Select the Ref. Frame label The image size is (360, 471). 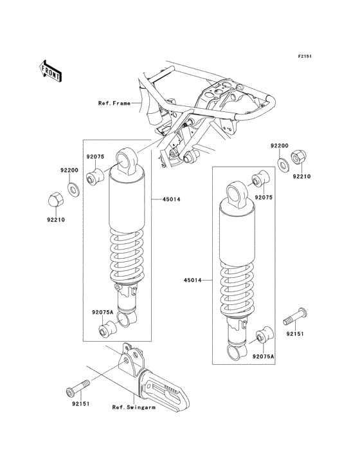[x=114, y=102]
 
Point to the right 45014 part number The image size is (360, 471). [x=194, y=280]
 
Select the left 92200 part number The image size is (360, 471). [x=69, y=170]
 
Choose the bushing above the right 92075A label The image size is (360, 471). [x=262, y=336]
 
